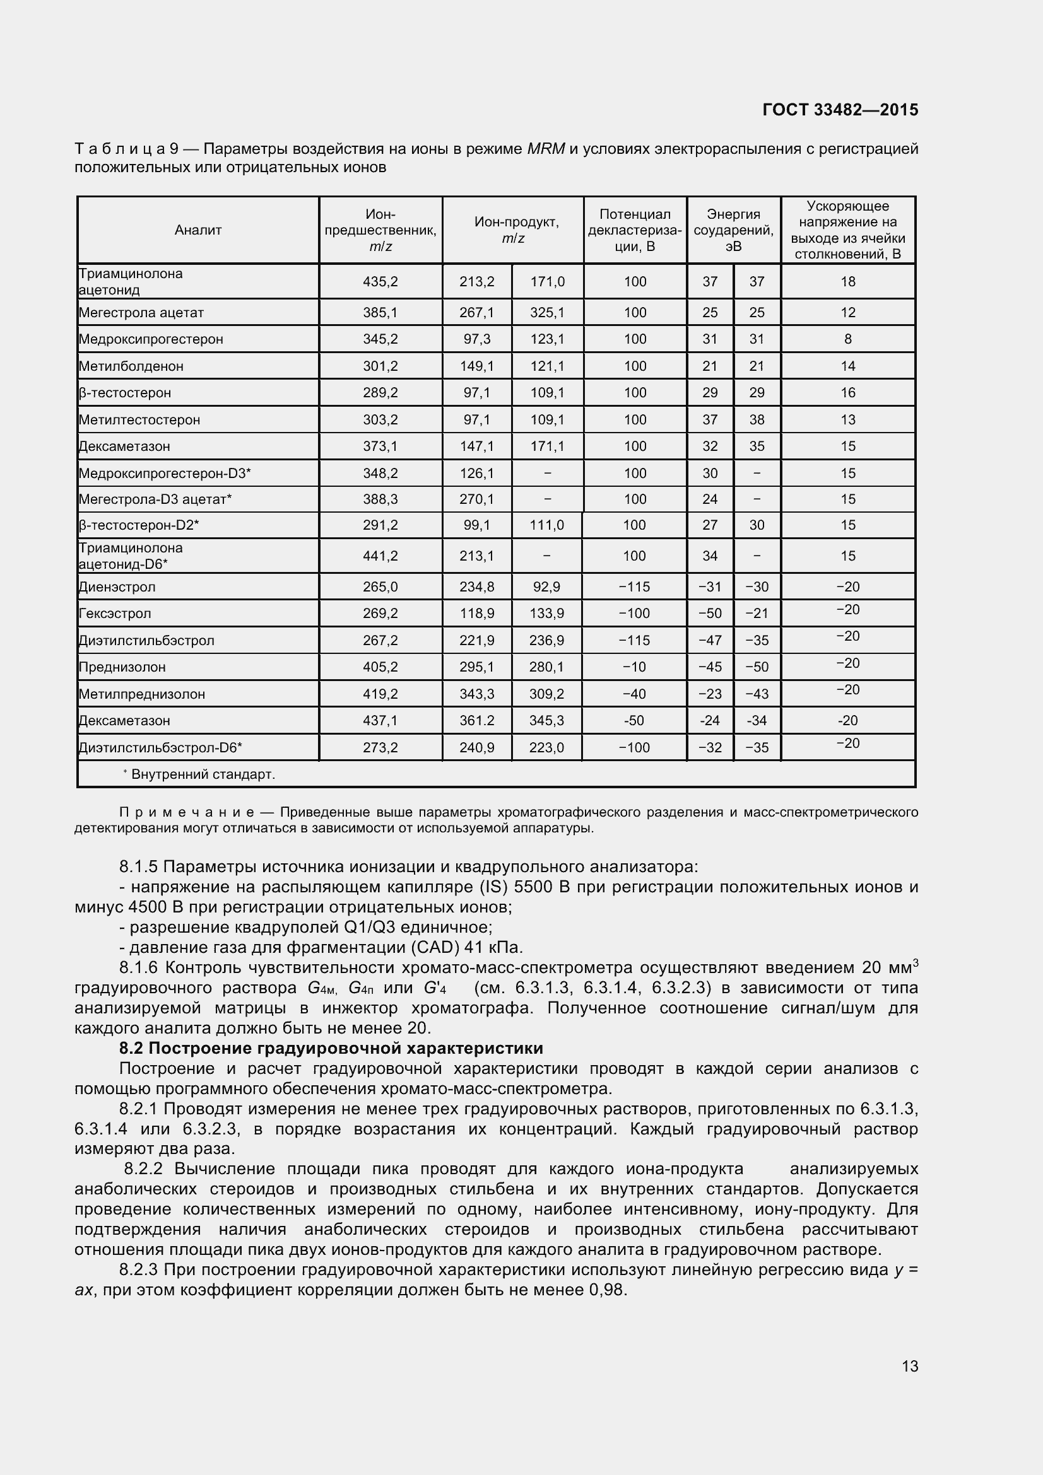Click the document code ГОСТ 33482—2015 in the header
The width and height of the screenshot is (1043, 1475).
click(x=840, y=110)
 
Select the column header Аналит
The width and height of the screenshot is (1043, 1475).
click(x=198, y=230)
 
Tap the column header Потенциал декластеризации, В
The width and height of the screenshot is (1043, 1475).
click(x=634, y=230)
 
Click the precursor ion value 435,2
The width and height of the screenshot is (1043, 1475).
click(x=380, y=281)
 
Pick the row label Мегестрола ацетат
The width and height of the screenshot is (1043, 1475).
click(x=141, y=313)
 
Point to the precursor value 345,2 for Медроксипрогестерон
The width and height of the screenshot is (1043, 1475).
click(x=380, y=339)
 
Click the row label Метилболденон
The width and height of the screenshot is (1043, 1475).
click(x=131, y=366)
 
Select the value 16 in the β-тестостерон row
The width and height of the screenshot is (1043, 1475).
click(x=847, y=392)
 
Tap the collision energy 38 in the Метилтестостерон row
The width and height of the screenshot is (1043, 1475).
click(x=757, y=419)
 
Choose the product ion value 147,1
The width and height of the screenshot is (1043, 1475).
click(x=477, y=446)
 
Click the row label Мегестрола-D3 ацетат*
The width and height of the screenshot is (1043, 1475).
click(x=155, y=499)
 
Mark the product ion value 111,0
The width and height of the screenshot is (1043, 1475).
click(x=546, y=525)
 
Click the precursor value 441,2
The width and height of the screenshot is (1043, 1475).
click(x=380, y=556)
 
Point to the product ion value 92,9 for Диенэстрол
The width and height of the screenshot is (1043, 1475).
click(x=546, y=586)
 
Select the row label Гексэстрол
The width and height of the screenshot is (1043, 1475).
click(x=114, y=614)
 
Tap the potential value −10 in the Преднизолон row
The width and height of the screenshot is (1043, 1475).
click(x=634, y=667)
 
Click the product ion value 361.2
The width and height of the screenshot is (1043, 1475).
click(x=477, y=720)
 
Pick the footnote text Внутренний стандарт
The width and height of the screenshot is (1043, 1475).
click(x=203, y=774)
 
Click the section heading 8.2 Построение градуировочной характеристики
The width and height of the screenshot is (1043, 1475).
click(x=331, y=1049)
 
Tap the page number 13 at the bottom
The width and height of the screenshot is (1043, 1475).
click(x=909, y=1367)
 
